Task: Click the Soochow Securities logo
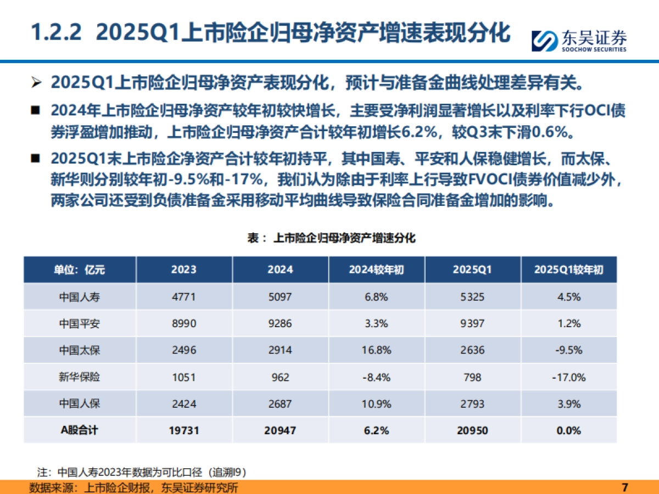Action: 579,40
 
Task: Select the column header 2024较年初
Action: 377,270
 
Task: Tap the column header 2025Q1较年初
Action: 568,270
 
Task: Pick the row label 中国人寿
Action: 80,297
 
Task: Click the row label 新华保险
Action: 80,377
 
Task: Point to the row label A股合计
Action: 80,430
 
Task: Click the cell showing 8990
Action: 184,324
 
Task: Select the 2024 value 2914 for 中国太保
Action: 280,350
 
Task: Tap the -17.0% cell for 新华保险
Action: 568,377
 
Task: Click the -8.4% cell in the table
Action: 377,377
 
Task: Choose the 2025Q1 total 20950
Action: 473,430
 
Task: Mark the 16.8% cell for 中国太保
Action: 377,350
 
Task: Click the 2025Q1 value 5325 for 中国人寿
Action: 473,297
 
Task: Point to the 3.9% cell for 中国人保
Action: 568,404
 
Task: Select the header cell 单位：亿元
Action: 80,270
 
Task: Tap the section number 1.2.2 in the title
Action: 55,33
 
